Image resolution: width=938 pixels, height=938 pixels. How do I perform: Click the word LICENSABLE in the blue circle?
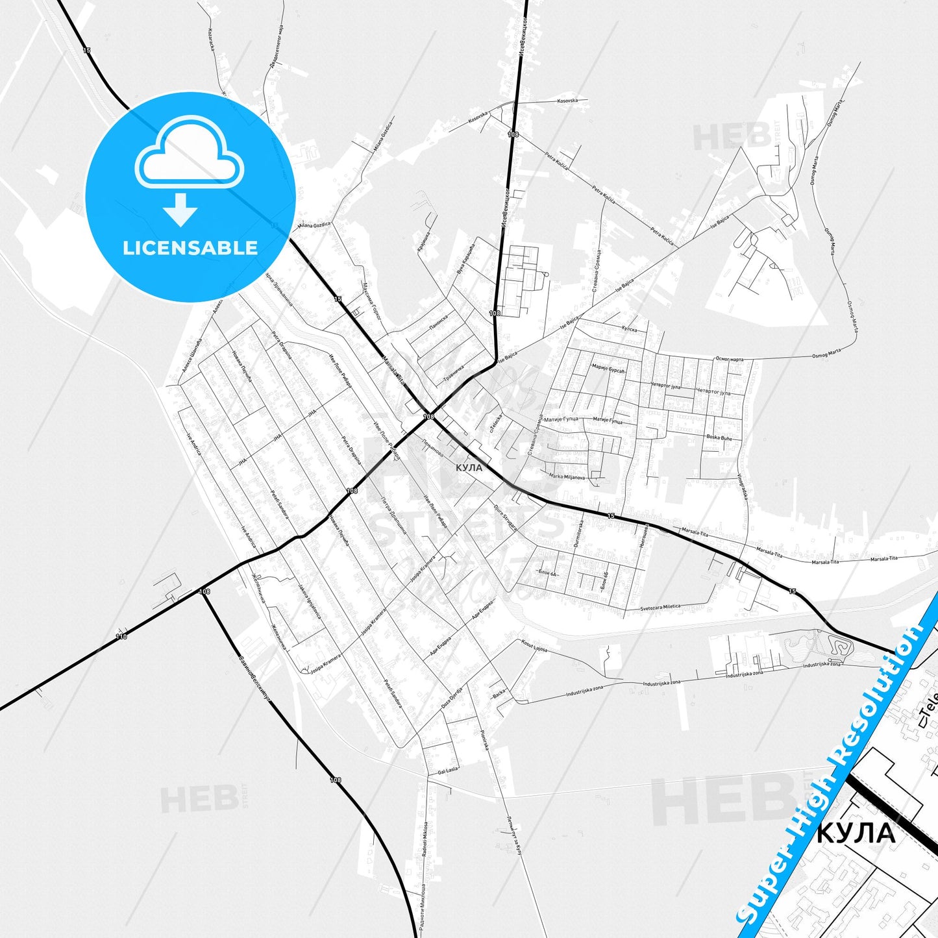click(190, 247)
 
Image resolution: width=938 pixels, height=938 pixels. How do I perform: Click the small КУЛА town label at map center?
click(469, 467)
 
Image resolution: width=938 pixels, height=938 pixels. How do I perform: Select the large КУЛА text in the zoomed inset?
click(856, 833)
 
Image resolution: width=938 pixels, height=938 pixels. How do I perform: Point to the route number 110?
click(121, 637)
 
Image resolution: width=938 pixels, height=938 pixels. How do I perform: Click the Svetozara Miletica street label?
click(660, 608)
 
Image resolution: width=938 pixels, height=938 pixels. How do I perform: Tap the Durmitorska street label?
click(577, 534)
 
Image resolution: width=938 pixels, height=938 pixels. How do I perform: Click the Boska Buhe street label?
click(719, 438)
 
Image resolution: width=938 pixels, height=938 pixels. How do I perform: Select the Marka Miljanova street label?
click(567, 476)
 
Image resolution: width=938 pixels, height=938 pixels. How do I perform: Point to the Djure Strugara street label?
click(506, 518)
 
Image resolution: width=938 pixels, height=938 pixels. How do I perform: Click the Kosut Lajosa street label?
click(534, 645)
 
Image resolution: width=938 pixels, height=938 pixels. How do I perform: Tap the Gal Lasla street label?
click(448, 770)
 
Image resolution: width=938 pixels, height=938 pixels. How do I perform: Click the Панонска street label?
click(439, 323)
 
